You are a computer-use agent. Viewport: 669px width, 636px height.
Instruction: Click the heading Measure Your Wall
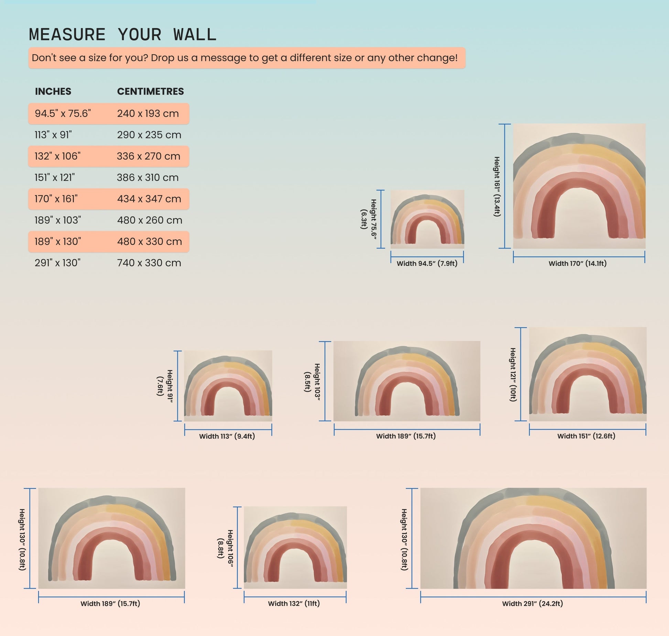coord(123,35)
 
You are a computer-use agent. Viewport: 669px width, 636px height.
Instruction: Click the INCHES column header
coord(53,91)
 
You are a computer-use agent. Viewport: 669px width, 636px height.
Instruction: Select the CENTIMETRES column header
coord(151,91)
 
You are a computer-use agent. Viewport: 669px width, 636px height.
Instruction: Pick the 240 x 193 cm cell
coord(148,113)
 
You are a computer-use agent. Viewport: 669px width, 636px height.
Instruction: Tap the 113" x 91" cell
coord(53,135)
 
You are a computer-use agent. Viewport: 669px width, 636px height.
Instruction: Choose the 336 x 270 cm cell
coord(149,156)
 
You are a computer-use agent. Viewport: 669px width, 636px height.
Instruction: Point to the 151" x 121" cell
coord(55,177)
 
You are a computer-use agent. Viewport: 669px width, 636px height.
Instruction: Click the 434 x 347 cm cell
coord(149,199)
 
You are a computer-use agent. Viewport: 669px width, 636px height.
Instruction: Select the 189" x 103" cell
coord(58,220)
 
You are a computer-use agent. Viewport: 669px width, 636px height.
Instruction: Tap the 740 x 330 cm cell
coord(149,263)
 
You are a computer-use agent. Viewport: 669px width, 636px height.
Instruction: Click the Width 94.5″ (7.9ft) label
coord(427,264)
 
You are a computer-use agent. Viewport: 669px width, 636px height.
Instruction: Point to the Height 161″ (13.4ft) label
coord(497,186)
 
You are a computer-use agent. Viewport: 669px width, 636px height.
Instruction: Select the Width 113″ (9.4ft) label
coord(227,436)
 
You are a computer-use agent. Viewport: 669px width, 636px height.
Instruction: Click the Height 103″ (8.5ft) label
coord(312,382)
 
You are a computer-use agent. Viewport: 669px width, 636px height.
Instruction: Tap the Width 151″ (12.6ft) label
coord(586,436)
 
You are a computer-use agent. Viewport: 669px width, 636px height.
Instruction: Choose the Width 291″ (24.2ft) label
coord(533,603)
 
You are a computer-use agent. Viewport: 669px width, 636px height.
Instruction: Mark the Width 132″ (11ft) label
coord(294,603)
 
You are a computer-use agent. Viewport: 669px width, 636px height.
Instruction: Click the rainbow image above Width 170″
coord(579,186)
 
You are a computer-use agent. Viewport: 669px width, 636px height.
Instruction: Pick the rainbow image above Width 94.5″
coord(427,219)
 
